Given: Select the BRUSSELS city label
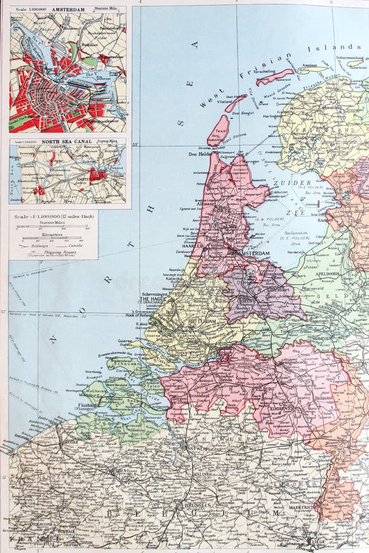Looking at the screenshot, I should (196, 505).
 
